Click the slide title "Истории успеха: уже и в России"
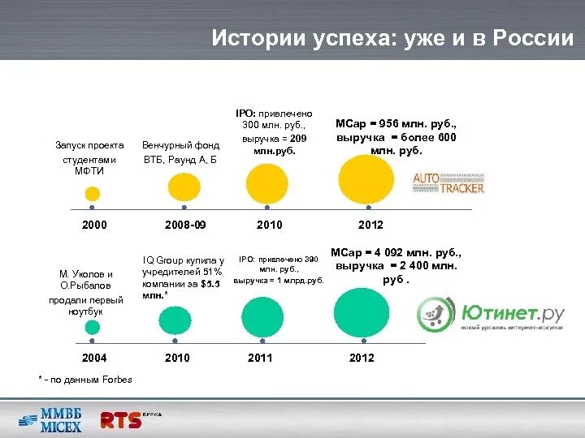click(x=392, y=38)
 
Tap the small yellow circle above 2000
click(x=93, y=194)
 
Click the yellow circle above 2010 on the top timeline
click(x=266, y=182)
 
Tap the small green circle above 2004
click(x=93, y=328)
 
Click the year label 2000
click(x=94, y=225)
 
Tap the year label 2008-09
click(x=185, y=225)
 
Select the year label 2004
click(x=94, y=358)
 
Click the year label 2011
click(x=260, y=358)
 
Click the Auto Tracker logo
click(x=448, y=182)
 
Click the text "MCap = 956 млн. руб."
click(x=396, y=124)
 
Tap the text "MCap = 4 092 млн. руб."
click(x=396, y=252)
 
